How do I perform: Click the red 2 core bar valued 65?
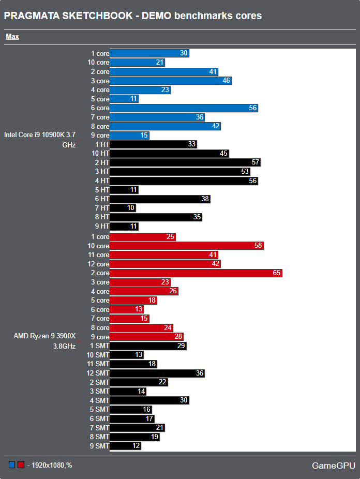pyautogui.click(x=196, y=273)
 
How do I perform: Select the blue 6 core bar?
pyautogui.click(x=184, y=108)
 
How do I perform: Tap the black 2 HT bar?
pyautogui.click(x=185, y=162)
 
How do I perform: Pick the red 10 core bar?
pyautogui.click(x=187, y=246)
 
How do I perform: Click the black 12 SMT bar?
pyautogui.click(x=157, y=373)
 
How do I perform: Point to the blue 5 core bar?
pyautogui.click(x=124, y=99)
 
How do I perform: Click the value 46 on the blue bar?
pyautogui.click(x=227, y=81)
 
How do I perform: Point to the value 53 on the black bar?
pyautogui.click(x=245, y=172)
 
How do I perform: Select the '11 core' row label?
pyautogui.click(x=98, y=255)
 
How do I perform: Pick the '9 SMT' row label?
pyautogui.click(x=99, y=446)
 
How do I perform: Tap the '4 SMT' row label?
pyautogui.click(x=99, y=400)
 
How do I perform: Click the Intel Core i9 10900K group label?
pyautogui.click(x=40, y=140)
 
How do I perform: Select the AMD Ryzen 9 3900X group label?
pyautogui.click(x=44, y=341)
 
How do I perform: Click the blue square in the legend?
pyautogui.click(x=12, y=465)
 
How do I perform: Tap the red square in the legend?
pyautogui.click(x=21, y=465)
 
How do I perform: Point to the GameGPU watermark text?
pyautogui.click(x=334, y=466)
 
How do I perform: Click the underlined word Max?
pyautogui.click(x=12, y=37)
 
